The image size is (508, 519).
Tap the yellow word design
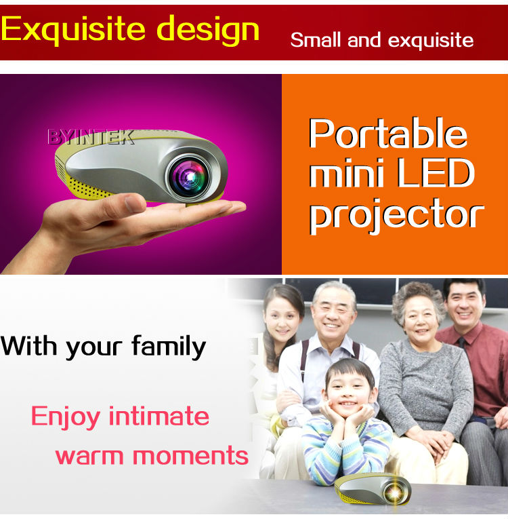point(208,29)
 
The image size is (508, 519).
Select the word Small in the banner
point(316,40)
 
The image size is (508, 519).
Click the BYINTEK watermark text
point(91,136)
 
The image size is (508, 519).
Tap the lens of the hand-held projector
point(189,176)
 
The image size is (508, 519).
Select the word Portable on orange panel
point(387,133)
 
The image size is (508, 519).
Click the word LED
point(436,172)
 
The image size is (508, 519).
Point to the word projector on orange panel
point(397,215)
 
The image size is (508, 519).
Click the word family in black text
point(169,347)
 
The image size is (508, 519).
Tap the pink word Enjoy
point(66,417)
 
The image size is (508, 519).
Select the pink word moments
point(190,455)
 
